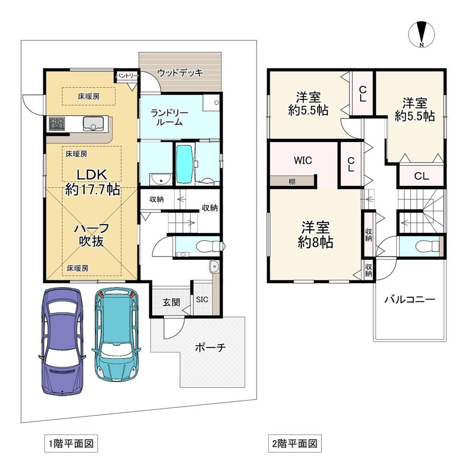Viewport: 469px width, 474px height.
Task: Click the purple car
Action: click(62, 341)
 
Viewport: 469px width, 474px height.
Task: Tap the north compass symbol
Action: click(422, 34)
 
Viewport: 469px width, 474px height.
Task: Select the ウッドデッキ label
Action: click(180, 73)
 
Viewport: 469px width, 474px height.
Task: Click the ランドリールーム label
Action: click(169, 117)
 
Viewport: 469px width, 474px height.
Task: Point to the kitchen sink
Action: click(93, 124)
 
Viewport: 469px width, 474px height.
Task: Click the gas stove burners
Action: click(57, 124)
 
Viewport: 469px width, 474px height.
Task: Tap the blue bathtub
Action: click(184, 164)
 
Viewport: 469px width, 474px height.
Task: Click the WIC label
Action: click(303, 160)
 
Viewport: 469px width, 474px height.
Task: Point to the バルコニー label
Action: click(410, 300)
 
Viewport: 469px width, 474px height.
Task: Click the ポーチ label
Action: click(210, 347)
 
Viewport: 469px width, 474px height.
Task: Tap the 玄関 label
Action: click(172, 302)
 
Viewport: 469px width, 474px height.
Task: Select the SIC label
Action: click(202, 299)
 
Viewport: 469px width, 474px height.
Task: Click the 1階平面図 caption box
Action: click(71, 444)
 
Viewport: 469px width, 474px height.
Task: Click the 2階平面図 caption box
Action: click(295, 444)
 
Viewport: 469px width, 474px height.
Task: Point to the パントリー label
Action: click(127, 75)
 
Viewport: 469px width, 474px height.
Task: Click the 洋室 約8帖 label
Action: click(315, 235)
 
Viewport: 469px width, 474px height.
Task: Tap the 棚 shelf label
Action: click(292, 182)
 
